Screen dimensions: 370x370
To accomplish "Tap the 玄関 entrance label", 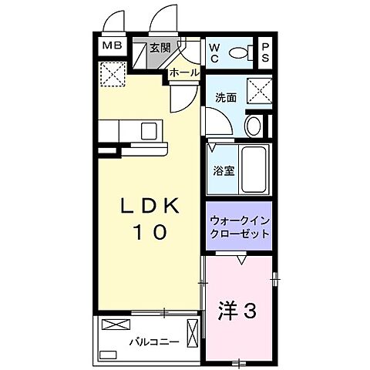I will click(x=159, y=47).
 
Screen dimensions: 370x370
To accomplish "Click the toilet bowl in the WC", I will click(x=240, y=52).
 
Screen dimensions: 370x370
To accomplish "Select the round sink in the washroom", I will click(x=252, y=126).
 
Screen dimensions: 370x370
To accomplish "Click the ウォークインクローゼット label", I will click(x=239, y=225).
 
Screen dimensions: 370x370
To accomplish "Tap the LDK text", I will click(x=150, y=206).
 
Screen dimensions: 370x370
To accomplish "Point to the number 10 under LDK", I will click(x=150, y=232).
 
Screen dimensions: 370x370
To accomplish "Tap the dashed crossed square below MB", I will click(x=113, y=75).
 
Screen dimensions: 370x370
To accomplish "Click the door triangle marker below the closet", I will click(x=241, y=260).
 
